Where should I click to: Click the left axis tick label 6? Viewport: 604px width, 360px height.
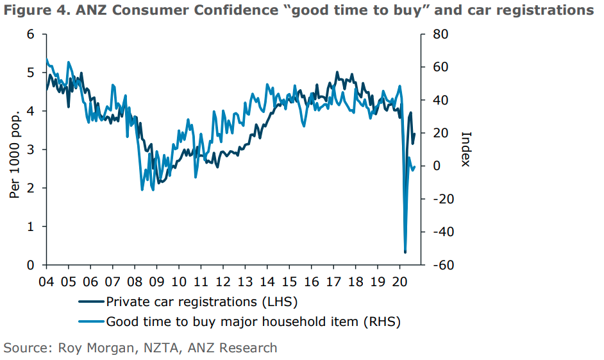pyautogui.click(x=30, y=34)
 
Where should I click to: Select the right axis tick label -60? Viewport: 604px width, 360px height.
pyautogui.click(x=440, y=265)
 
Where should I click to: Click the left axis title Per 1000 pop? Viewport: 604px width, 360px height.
pyautogui.click(x=14, y=153)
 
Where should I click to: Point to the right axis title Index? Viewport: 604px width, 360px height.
pyautogui.click(x=466, y=150)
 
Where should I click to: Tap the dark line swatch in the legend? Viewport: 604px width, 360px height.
pyautogui.click(x=90, y=301)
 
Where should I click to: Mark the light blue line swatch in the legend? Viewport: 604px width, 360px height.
pyautogui.click(x=90, y=321)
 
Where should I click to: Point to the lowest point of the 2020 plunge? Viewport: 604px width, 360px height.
pyautogui.click(x=405, y=252)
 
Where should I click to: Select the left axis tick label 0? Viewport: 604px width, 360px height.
pyautogui.click(x=30, y=265)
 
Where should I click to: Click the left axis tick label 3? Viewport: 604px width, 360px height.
pyautogui.click(x=30, y=150)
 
